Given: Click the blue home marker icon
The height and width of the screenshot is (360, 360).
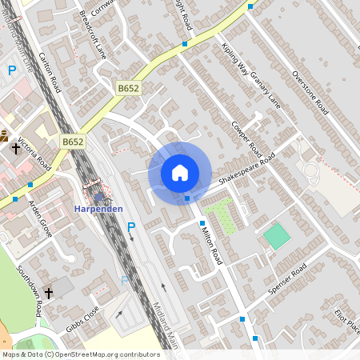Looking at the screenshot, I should [x=180, y=173].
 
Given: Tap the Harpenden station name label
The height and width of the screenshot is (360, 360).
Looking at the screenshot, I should [x=98, y=209].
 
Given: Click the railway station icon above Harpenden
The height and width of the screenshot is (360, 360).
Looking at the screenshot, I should [x=98, y=194].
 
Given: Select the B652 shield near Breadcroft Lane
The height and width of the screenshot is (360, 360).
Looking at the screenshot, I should [x=129, y=88].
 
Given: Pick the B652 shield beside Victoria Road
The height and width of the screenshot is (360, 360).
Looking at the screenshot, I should [x=73, y=142].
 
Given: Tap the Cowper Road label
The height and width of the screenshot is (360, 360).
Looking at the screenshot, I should [x=246, y=133].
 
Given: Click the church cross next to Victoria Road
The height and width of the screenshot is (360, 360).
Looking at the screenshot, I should [x=15, y=148].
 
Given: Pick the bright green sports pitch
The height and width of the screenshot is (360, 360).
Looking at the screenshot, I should [x=276, y=236].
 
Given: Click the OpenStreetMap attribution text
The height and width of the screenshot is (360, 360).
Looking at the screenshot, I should [x=81, y=354].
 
